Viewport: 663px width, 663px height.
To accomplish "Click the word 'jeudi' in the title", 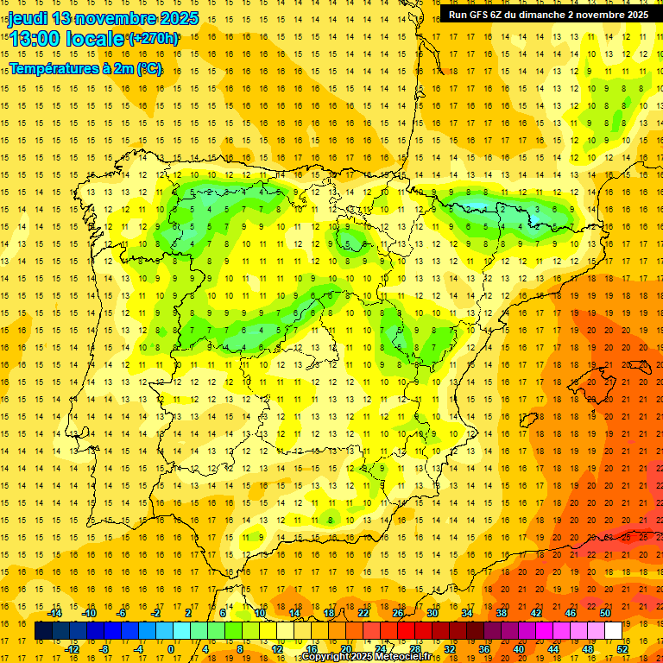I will [x=27, y=18].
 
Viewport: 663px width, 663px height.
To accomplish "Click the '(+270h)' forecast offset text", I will [x=153, y=39].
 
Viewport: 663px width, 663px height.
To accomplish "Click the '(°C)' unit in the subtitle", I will [x=148, y=68].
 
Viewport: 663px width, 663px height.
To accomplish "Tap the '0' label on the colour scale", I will [x=171, y=649].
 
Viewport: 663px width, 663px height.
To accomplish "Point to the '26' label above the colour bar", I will [x=398, y=613].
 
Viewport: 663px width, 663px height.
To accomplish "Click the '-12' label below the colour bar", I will [x=72, y=649].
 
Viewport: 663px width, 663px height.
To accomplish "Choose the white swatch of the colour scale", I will [x=613, y=631].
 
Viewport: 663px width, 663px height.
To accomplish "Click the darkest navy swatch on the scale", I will [x=43, y=631].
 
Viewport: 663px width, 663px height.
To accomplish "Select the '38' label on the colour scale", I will [x=502, y=613].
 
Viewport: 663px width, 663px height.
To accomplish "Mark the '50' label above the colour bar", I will [x=605, y=613].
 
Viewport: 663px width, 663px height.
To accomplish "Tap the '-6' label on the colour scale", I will [x=122, y=613].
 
